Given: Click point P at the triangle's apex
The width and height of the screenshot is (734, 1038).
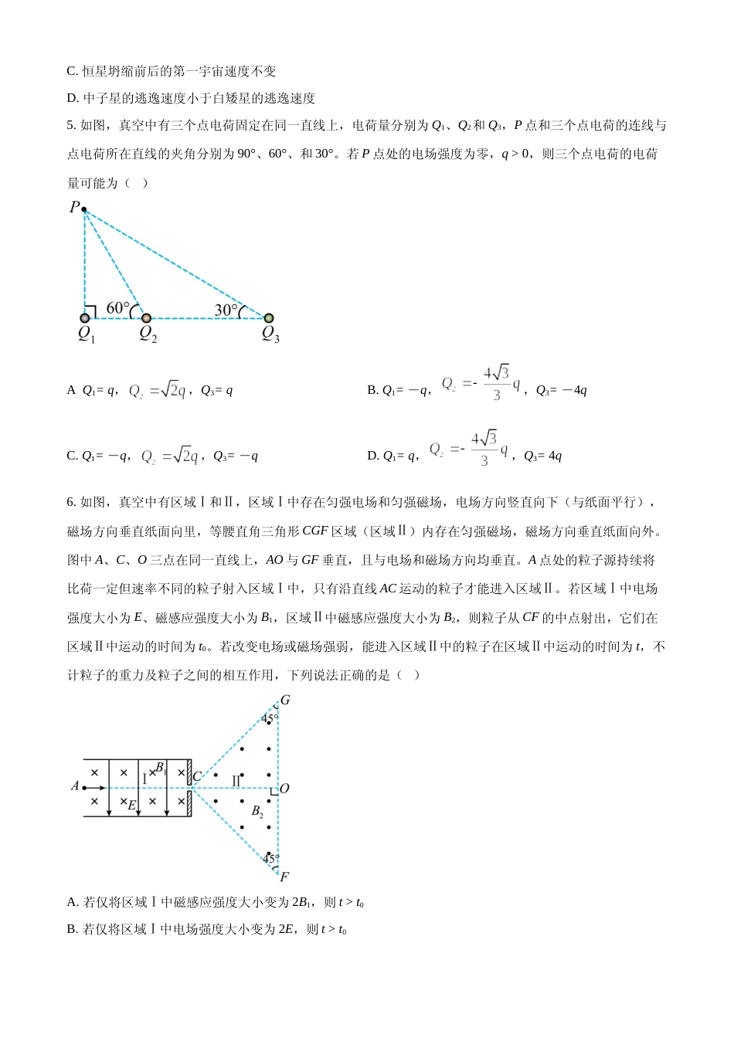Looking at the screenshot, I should (83, 209).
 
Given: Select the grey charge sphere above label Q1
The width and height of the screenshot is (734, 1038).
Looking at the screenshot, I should (85, 317).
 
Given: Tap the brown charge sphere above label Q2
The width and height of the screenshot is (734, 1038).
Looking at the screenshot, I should (146, 317).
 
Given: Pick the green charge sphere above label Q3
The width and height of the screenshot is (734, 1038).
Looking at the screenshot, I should (269, 317).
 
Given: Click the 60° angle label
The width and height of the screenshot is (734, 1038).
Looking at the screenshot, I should (117, 308).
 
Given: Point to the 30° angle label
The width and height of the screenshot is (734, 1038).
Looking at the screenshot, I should (226, 310).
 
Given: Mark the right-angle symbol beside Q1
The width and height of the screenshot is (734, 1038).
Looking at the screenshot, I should (90, 311).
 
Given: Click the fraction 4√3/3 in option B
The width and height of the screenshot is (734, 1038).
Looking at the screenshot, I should (496, 383).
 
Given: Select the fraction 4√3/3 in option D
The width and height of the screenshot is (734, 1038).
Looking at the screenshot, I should (484, 449).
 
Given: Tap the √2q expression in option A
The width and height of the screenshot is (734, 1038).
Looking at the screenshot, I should (172, 391).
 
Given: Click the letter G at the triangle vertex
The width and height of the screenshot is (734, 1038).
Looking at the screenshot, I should (285, 700).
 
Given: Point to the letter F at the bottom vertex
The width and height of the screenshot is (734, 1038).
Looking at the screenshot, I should (284, 877).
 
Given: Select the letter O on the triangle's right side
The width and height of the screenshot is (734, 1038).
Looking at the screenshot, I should (284, 789).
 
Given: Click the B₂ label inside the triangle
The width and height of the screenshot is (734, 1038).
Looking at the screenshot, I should (257, 811).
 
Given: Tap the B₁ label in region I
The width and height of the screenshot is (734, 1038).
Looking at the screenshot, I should (160, 768).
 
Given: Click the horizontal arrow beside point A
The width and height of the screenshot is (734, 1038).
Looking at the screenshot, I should (94, 788).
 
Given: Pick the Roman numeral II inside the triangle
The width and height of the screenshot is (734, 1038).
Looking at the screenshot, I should (236, 782).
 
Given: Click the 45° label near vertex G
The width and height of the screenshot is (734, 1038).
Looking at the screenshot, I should (268, 719).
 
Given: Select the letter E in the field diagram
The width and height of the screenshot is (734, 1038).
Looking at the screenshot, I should (131, 805).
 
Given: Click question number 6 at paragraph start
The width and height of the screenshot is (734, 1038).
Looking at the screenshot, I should (72, 502).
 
